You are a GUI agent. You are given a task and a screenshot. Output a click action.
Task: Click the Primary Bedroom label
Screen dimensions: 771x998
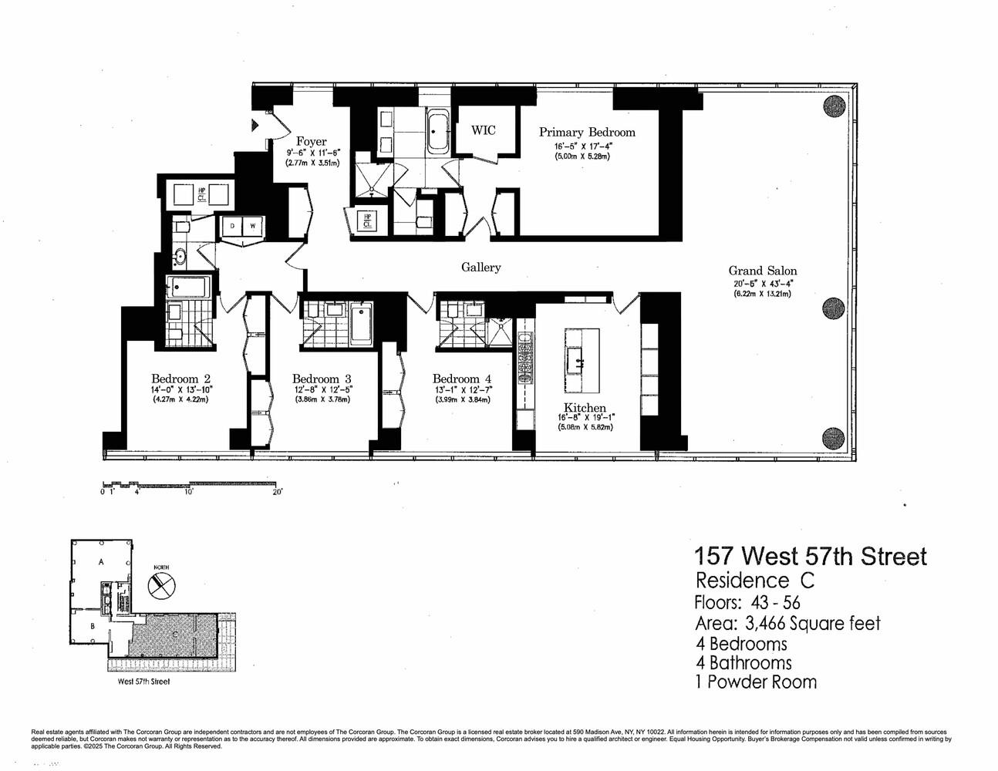pyautogui.click(x=586, y=132)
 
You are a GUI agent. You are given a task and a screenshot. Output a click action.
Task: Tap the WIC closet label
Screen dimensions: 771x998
pyautogui.click(x=484, y=130)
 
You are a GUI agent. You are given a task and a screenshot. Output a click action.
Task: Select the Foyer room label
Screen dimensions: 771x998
pyautogui.click(x=311, y=142)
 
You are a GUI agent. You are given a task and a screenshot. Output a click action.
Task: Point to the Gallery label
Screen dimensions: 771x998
pyautogui.click(x=480, y=268)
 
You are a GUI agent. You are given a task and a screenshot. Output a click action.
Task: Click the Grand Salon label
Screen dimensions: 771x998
pyautogui.click(x=762, y=271)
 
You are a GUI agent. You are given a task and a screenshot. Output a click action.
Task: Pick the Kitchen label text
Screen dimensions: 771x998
pyautogui.click(x=584, y=408)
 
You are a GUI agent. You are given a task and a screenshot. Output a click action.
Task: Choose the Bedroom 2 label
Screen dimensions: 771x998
pyautogui.click(x=180, y=379)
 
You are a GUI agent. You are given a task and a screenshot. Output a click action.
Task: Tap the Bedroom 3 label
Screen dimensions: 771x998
pyautogui.click(x=322, y=379)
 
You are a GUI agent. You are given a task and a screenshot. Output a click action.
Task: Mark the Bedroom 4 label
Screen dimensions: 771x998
pyautogui.click(x=461, y=379)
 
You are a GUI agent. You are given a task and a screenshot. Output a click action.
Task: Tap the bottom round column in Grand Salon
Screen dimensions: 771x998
pyautogui.click(x=834, y=437)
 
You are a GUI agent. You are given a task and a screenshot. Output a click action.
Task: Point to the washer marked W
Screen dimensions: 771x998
pyautogui.click(x=252, y=226)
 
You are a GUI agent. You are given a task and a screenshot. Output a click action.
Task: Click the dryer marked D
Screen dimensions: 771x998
pyautogui.click(x=231, y=226)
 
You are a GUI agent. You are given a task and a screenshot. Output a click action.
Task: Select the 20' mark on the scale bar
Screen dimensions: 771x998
pyautogui.click(x=277, y=492)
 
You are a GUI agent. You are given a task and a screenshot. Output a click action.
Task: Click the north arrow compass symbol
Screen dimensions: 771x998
pyautogui.click(x=160, y=584)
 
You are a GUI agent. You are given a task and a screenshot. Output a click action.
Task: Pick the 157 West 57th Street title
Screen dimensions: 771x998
pyautogui.click(x=810, y=556)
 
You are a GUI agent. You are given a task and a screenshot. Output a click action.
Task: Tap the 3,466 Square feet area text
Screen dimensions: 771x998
pyautogui.click(x=819, y=623)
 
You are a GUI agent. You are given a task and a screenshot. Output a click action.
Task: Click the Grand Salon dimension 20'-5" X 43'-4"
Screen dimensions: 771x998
pyautogui.click(x=762, y=283)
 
